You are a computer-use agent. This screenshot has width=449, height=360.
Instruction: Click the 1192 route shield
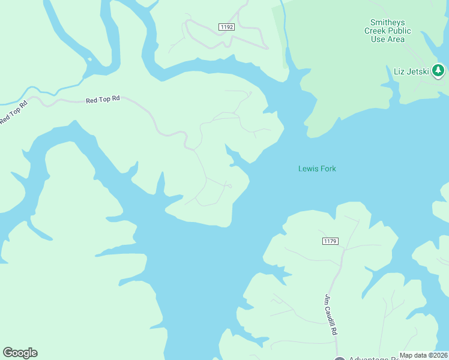[x=226, y=27]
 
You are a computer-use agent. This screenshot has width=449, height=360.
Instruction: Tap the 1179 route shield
[x=330, y=241]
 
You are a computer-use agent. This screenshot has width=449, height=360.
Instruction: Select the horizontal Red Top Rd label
[x=103, y=100]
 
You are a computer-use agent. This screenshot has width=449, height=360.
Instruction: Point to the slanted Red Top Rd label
[x=14, y=112]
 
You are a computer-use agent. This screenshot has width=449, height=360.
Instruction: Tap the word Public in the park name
[x=399, y=31]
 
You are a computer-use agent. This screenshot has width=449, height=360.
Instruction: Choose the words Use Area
[x=387, y=39]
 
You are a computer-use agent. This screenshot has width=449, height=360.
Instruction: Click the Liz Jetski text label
[x=411, y=72]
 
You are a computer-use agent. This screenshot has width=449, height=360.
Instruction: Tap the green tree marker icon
[x=439, y=70]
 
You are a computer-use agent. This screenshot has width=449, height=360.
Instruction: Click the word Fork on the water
[x=327, y=169]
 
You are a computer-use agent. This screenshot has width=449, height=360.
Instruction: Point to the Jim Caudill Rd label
[x=331, y=314]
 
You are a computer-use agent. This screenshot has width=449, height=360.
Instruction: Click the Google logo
[x=20, y=353]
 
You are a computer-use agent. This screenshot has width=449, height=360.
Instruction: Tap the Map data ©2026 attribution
[x=424, y=355]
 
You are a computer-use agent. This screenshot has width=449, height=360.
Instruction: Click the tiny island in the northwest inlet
[x=89, y=59]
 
